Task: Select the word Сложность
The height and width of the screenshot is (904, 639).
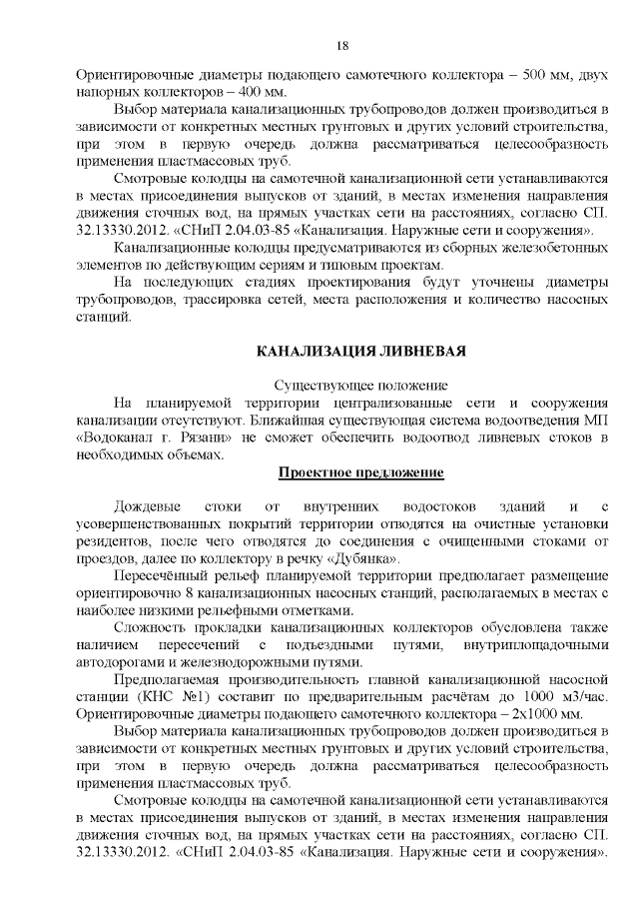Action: pyautogui.click(x=152, y=627)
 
